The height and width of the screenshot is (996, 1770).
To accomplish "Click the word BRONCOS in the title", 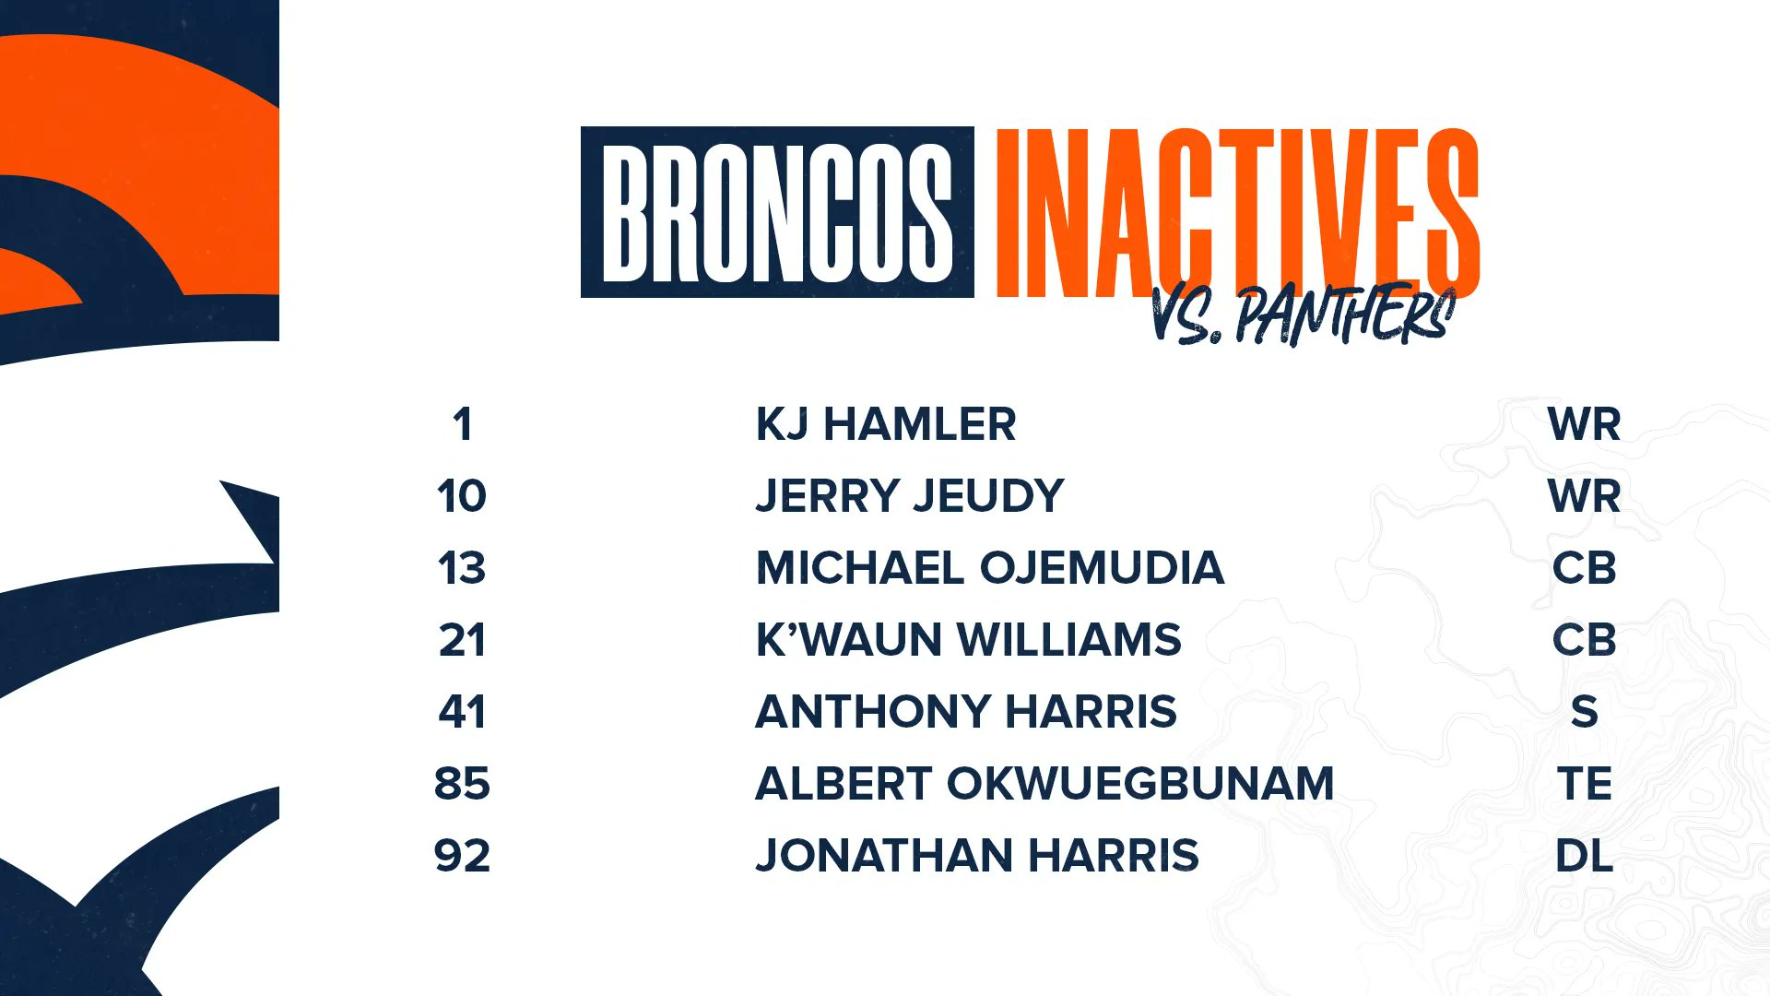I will (777, 213).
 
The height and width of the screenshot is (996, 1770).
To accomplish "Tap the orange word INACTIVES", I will (1237, 213).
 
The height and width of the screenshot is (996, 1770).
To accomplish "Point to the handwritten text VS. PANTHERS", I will (1303, 314).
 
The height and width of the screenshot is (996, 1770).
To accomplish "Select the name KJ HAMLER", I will (886, 425).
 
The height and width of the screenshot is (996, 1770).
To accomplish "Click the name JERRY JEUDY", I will (910, 496).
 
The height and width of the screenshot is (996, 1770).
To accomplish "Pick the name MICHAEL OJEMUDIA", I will (990, 568).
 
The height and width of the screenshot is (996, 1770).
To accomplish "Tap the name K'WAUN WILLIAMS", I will (968, 640).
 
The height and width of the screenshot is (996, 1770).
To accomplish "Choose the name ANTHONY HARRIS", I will (966, 712).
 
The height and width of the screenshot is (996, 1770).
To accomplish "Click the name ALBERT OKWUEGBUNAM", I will (1044, 784).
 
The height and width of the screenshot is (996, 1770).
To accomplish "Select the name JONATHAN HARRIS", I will (977, 856).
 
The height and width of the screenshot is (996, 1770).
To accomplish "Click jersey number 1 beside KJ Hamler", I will (462, 425).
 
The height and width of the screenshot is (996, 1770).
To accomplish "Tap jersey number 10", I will (462, 496).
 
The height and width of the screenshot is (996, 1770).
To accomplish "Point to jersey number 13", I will (462, 568).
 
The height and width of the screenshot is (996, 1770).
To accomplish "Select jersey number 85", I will (462, 784).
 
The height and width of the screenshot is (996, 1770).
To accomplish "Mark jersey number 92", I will (462, 856).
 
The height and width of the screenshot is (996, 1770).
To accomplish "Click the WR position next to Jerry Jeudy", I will (1584, 496).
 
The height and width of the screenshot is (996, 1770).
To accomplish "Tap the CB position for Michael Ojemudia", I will (1584, 568).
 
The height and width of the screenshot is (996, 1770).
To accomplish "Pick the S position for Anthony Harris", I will (1584, 712).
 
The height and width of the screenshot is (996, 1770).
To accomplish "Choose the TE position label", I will (1584, 784).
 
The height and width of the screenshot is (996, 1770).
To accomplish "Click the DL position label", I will (1584, 856).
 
